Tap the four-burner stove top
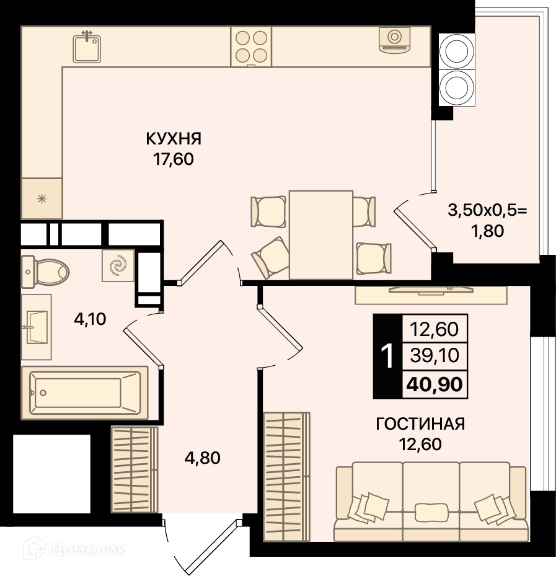point(251,47)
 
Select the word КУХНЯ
point(174,140)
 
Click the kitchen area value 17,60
point(174,160)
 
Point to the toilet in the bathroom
point(45,272)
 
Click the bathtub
point(85,392)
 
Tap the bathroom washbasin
point(36,327)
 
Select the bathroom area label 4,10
point(90,319)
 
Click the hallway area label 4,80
point(202,458)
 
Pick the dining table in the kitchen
point(321,235)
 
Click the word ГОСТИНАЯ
point(420,424)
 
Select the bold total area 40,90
point(435,384)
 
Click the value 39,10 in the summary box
point(435,356)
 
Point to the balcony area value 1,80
point(488,231)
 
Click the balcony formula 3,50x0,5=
point(487,211)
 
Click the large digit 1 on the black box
point(387,356)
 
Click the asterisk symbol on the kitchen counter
point(42,200)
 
